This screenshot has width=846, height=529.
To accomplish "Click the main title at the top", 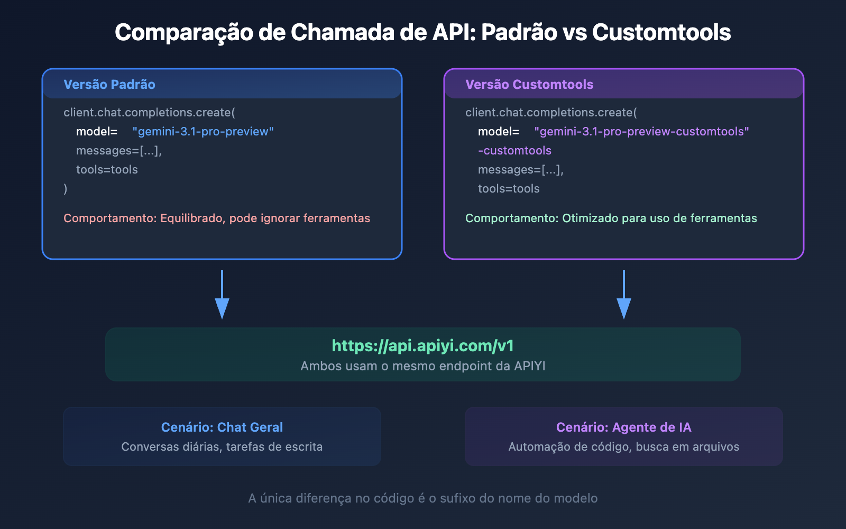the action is [422, 32].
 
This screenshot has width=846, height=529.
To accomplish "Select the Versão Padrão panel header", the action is [109, 84].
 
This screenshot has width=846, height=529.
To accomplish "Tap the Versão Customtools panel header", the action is [529, 84].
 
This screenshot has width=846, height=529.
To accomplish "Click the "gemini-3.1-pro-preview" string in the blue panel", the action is [203, 132].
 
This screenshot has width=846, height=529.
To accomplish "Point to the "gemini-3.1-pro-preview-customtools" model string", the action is [641, 132].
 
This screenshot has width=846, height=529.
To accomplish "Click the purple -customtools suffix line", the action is [514, 150].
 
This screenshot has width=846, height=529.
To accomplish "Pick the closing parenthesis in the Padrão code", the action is [66, 188].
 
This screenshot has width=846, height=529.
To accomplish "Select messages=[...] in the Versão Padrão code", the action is [119, 150].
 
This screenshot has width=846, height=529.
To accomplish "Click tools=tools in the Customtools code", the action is [509, 188].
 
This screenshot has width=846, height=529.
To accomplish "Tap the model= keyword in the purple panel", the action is [498, 132].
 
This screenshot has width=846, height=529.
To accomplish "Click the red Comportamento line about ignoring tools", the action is [217, 218].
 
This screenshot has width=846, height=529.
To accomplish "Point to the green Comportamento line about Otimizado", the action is [611, 218].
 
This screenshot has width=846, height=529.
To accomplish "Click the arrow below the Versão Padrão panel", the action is [222, 294].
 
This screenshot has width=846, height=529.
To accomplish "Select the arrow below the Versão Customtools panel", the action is [624, 294].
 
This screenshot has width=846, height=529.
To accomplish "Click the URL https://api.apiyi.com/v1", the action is [422, 346].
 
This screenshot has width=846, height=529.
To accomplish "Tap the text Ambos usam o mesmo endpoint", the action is [422, 366].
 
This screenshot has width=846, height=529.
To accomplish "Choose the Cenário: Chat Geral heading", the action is [222, 427].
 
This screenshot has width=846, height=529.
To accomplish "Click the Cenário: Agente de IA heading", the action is [624, 427].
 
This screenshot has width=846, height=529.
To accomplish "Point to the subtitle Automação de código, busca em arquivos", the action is [624, 446].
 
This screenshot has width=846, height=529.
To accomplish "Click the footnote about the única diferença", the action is [422, 498].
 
